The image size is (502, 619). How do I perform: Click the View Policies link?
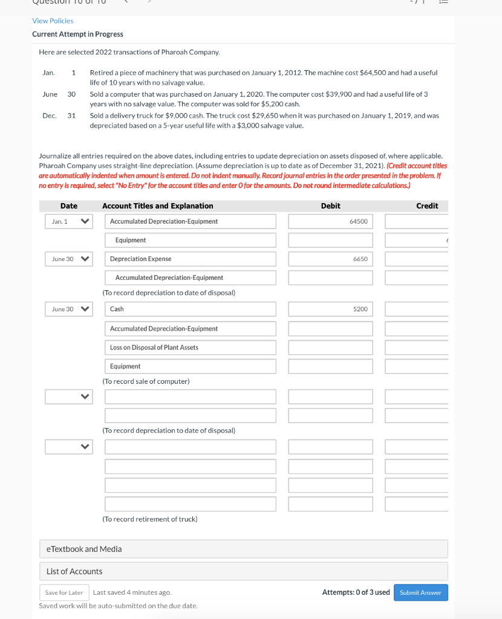(53, 21)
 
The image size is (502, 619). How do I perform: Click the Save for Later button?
(64, 592)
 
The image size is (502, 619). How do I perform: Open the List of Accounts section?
(243, 571)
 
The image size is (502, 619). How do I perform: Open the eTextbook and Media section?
(243, 549)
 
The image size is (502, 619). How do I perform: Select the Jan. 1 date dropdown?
(68, 221)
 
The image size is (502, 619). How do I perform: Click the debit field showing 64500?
(330, 221)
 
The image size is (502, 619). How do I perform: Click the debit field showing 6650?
(330, 259)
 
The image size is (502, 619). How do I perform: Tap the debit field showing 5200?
(330, 309)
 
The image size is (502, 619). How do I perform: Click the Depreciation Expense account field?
(191, 259)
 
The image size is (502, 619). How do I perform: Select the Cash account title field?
(191, 309)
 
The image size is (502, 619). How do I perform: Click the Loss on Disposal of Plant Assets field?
(191, 348)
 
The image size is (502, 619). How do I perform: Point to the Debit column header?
(330, 206)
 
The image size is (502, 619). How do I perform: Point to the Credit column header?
(427, 206)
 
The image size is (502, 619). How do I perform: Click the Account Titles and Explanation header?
(157, 206)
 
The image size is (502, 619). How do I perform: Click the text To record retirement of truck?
(150, 519)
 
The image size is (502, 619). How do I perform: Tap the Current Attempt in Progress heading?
(77, 34)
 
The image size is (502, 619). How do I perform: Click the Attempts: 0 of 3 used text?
(356, 592)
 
